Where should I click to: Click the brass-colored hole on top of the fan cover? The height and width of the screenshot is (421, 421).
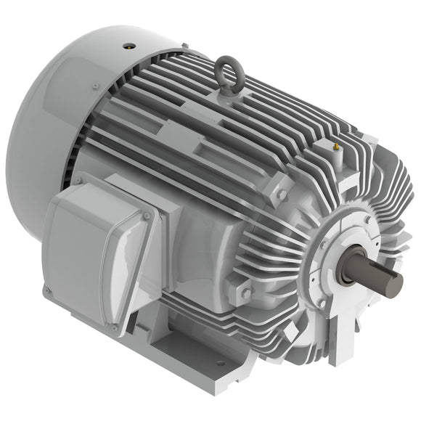pos(129,45)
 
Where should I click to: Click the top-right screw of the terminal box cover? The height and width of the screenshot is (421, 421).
pos(147,216)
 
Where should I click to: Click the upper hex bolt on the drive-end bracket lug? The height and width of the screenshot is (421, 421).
pos(282,195)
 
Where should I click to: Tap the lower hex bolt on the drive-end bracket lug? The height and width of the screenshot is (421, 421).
pos(247,292)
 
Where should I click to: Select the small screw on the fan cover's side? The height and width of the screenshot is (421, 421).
pos(95,86)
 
